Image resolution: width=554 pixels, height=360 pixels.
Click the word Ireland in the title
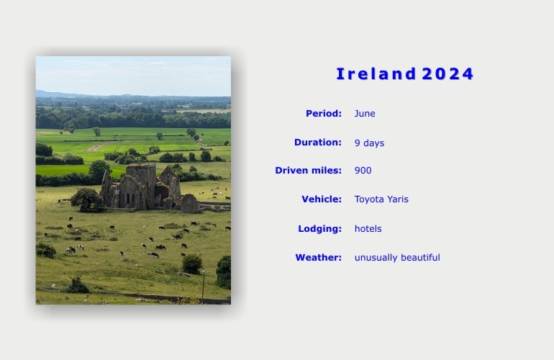point(376,74)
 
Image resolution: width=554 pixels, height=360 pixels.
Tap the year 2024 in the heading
point(448,74)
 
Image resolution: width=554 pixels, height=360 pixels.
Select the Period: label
point(324,114)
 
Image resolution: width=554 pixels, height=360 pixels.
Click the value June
point(365,114)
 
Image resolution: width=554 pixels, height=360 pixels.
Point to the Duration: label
point(318,142)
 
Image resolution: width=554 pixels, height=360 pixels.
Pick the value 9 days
point(369,143)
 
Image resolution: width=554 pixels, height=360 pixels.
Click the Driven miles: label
point(309,171)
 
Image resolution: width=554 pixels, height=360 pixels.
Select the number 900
point(363,171)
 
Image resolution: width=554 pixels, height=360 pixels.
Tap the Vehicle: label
point(322,199)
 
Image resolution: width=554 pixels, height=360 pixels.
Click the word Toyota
point(369,199)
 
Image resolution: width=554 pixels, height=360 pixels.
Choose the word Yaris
point(398,199)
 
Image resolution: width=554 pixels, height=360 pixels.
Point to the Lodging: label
point(319,229)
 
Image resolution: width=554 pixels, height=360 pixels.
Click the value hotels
point(368,229)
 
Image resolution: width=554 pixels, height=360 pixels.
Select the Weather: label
point(318,258)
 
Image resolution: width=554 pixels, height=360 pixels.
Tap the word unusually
point(376,258)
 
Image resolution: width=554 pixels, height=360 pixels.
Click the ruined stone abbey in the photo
point(140,186)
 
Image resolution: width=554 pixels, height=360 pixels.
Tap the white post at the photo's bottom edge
point(203,287)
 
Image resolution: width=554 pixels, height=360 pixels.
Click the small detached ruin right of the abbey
point(190,203)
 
